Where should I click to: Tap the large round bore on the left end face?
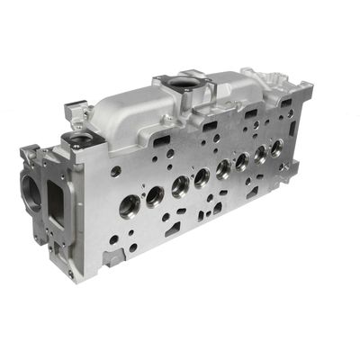click(x=33, y=191)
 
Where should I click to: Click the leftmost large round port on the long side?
click(x=130, y=205)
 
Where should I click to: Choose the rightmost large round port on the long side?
click(x=276, y=147)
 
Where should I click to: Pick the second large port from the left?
click(x=155, y=194)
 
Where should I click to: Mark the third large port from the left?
click(x=180, y=184)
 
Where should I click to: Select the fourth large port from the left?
click(x=202, y=175)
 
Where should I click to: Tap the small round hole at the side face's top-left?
click(x=116, y=171)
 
